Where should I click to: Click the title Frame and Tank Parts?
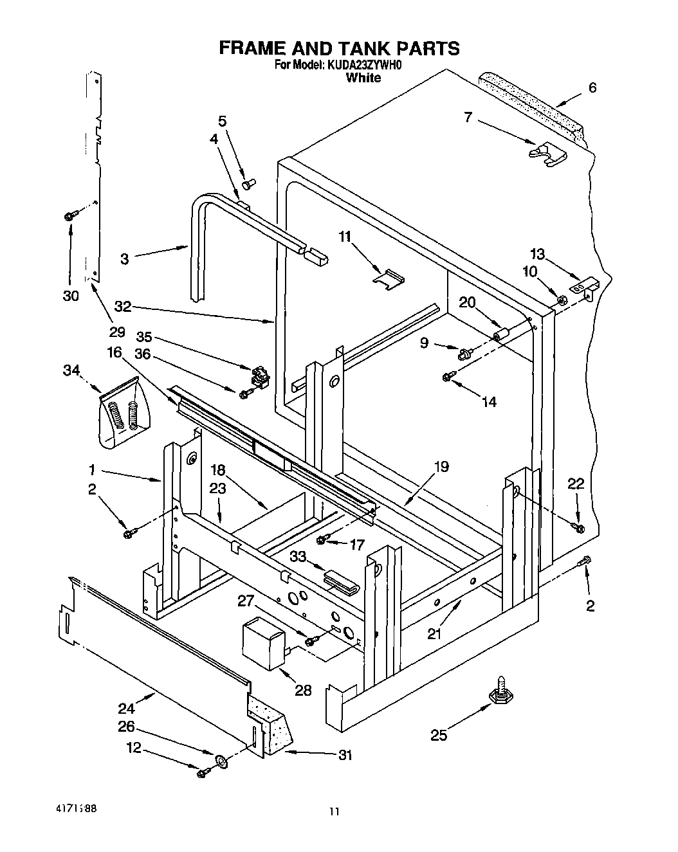coord(339,48)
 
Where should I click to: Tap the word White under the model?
coord(363,78)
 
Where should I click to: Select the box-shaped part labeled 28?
coord(262,641)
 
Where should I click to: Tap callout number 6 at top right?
coord(592,87)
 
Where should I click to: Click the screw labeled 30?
coord(70,217)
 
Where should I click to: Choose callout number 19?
coord(441,466)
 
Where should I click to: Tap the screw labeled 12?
coord(204,772)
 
